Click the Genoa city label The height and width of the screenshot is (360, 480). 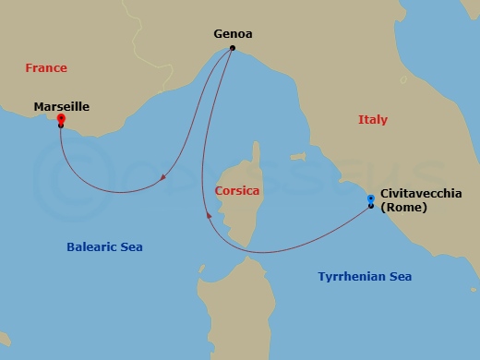[233, 34]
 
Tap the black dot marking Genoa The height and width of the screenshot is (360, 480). [233, 48]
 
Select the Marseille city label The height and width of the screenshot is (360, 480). [61, 106]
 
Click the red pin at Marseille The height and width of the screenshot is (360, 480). [60, 119]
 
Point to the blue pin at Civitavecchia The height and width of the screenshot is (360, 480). [370, 198]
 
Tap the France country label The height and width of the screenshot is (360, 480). [46, 68]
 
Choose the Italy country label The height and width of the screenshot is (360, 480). [372, 120]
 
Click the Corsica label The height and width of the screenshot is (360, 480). [236, 191]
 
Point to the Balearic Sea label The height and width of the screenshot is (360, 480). [104, 247]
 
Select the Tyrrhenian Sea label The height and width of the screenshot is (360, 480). [365, 277]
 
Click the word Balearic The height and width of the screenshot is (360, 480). [91, 247]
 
